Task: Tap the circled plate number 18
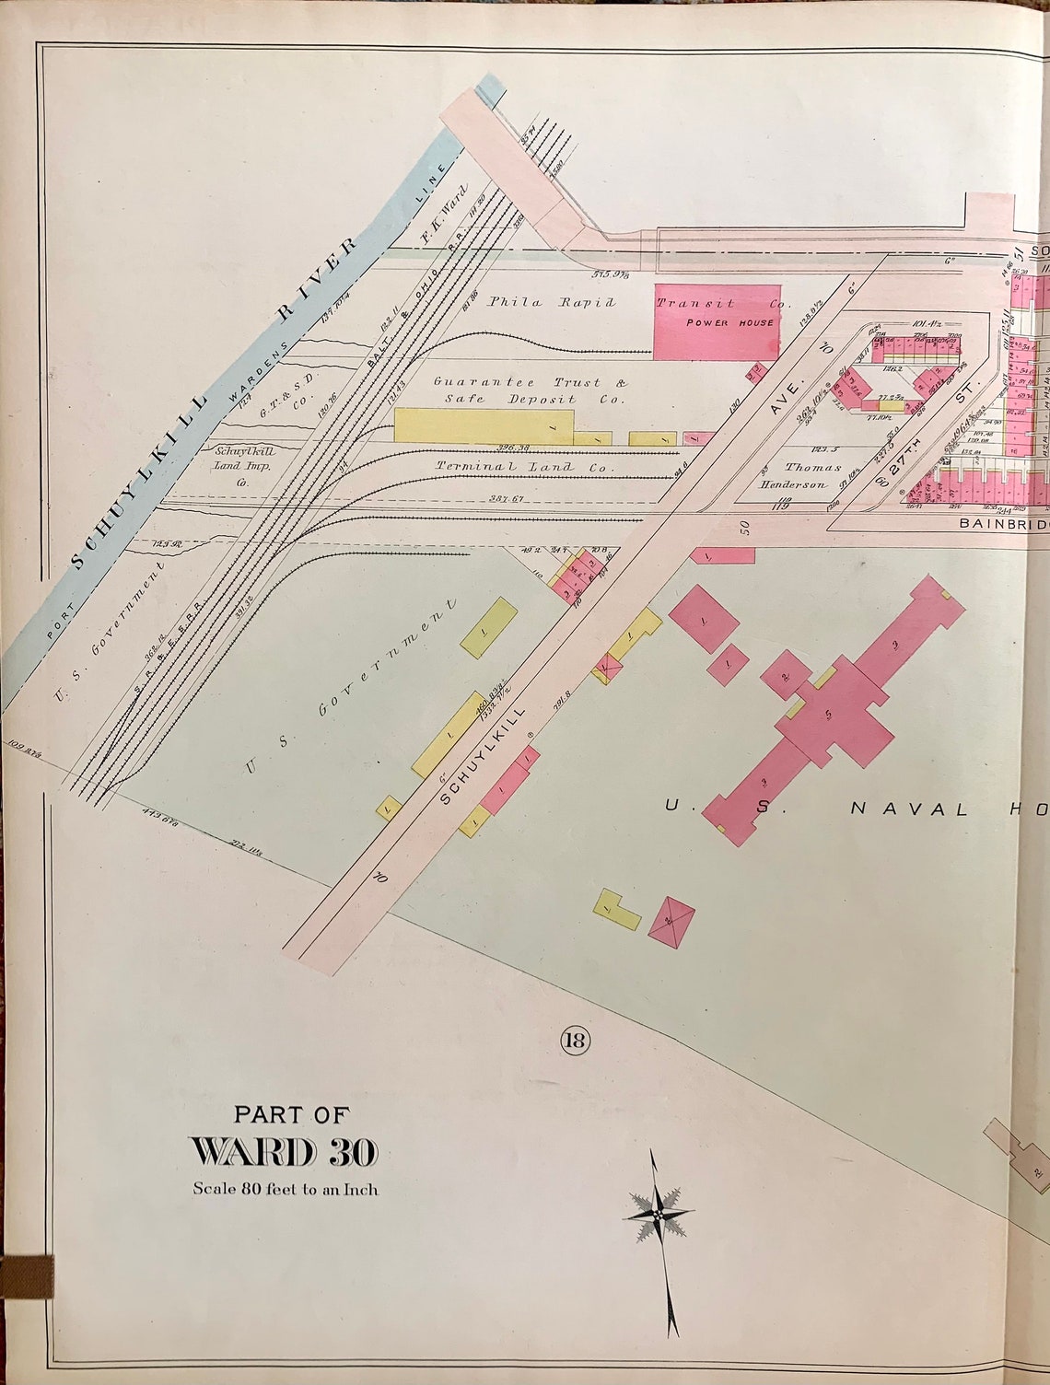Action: [x=573, y=1041]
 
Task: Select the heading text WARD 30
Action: [x=284, y=1152]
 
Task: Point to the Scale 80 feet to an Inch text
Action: [x=285, y=1189]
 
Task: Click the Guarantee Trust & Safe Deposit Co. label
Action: [x=531, y=390]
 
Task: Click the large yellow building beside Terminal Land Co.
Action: [x=484, y=425]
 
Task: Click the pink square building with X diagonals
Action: [x=671, y=917]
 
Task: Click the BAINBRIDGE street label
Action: [x=1002, y=523]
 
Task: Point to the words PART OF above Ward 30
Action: [x=291, y=1114]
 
